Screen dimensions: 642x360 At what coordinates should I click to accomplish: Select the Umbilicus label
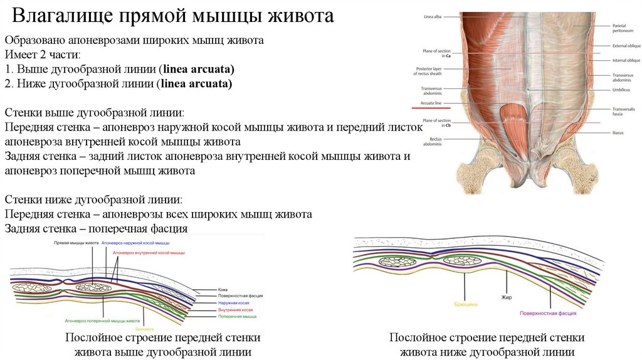pyautogui.click(x=624, y=90)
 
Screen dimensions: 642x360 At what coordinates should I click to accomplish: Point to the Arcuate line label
pyautogui.click(x=431, y=103)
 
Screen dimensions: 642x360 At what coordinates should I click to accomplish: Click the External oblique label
pyautogui.click(x=626, y=46)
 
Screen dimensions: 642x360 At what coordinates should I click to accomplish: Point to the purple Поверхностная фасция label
pyautogui.click(x=548, y=312)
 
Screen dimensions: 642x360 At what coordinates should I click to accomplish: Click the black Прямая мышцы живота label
pyautogui.click(x=76, y=243)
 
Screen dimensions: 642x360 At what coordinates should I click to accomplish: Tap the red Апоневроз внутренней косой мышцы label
pyautogui.click(x=149, y=252)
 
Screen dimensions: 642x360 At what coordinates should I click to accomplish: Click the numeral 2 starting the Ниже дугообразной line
pyautogui.click(x=8, y=83)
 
